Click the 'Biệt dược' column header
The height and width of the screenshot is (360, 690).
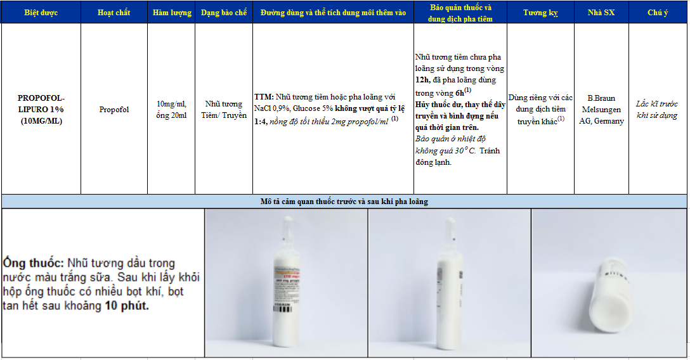(x=41, y=13)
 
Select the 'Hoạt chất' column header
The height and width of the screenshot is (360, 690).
(x=114, y=13)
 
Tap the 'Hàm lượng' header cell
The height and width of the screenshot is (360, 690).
(x=172, y=13)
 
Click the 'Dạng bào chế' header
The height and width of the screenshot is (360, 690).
(x=224, y=13)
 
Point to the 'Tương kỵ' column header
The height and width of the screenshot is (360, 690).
(x=540, y=13)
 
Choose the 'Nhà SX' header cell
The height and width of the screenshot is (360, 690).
(x=601, y=13)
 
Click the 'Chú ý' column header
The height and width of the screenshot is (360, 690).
(x=658, y=13)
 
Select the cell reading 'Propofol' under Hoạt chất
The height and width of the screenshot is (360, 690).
(x=114, y=110)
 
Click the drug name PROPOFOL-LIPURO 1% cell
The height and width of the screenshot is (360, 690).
(x=41, y=110)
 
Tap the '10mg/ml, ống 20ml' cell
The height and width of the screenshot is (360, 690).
(x=172, y=110)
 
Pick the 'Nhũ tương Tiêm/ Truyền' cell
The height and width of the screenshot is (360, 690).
(x=224, y=110)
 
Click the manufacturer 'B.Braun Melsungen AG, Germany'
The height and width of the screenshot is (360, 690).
(x=601, y=110)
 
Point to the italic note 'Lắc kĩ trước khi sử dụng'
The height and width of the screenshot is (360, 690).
(x=657, y=110)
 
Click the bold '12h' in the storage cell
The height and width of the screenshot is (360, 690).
(x=422, y=80)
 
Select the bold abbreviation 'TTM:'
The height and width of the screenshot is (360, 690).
(x=264, y=97)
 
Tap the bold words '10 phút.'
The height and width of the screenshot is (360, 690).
(x=127, y=305)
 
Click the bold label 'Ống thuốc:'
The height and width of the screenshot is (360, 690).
(x=34, y=263)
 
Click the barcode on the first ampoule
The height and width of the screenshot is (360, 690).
(x=283, y=309)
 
